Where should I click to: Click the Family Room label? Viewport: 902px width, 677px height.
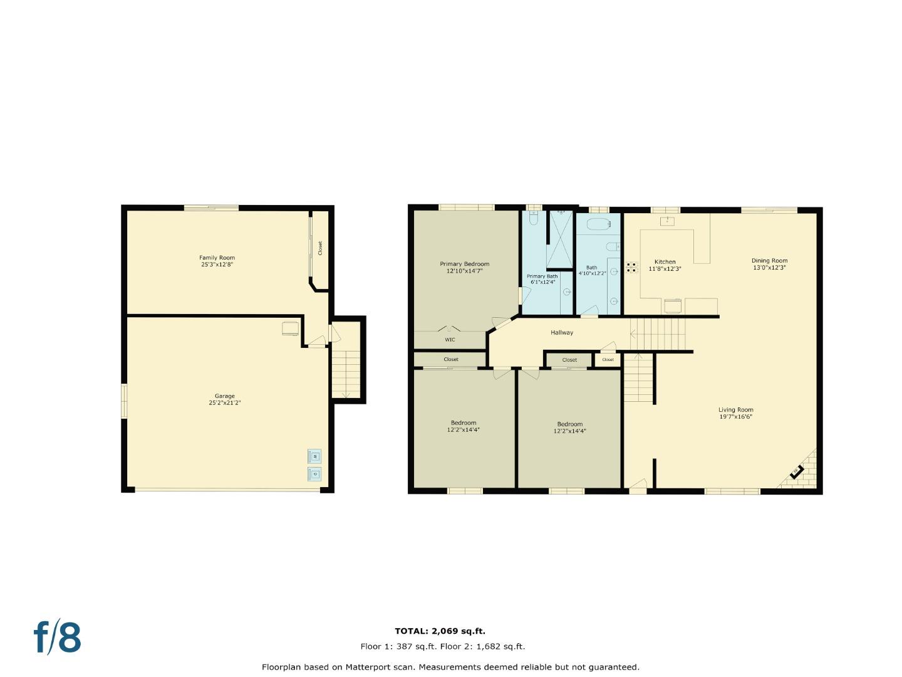click(x=217, y=258)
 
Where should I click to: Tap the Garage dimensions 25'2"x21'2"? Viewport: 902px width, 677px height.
click(x=225, y=403)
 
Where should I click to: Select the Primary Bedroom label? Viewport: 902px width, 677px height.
click(x=464, y=264)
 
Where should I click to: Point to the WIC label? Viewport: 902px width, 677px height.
click(x=450, y=340)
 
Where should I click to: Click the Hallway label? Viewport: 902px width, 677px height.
click(x=562, y=332)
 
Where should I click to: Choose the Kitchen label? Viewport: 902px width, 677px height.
click(x=665, y=261)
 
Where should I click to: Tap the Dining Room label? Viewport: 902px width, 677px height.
click(x=769, y=261)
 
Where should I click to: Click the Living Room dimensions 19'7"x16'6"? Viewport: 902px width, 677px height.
click(x=735, y=417)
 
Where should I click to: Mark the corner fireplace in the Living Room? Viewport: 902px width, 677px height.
click(x=798, y=472)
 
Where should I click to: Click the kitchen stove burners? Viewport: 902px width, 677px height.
click(x=631, y=267)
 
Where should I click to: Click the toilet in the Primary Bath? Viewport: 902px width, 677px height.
click(x=534, y=218)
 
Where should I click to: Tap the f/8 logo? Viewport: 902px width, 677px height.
click(x=57, y=638)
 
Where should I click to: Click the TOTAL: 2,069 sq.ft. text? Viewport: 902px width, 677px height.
click(x=440, y=631)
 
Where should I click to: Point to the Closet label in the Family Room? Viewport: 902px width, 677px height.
click(x=320, y=248)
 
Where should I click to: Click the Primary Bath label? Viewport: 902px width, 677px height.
click(x=542, y=276)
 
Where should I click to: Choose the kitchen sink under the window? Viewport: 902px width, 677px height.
click(x=667, y=220)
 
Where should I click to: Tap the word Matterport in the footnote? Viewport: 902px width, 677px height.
click(x=369, y=667)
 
